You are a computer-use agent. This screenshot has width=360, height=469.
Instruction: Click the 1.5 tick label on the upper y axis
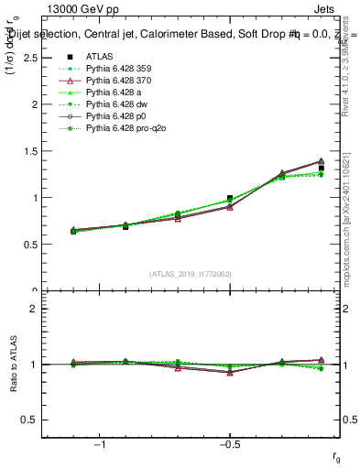point(29,151)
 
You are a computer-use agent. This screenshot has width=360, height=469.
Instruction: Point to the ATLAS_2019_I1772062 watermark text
point(191,273)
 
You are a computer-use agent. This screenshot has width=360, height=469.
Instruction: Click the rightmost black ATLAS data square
point(321,168)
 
